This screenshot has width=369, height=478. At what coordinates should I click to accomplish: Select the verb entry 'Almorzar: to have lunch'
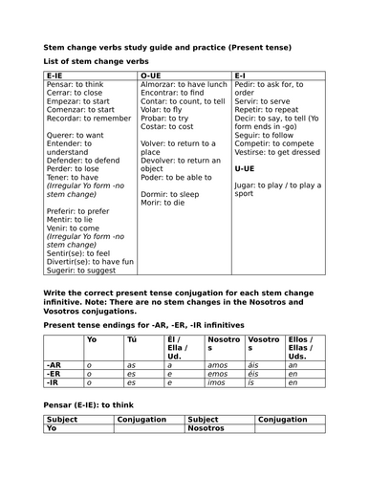pyautogui.click(x=184, y=83)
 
